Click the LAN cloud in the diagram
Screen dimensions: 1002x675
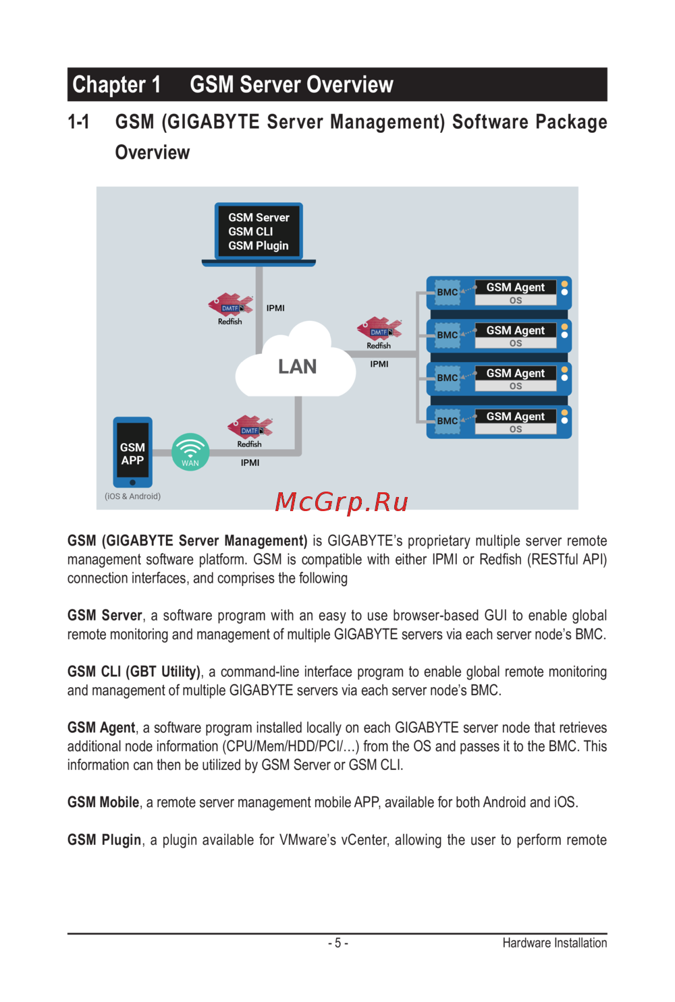point(296,366)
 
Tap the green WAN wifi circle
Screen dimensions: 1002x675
point(190,451)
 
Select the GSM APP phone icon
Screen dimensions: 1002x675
point(132,452)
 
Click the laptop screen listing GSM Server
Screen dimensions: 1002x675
point(259,231)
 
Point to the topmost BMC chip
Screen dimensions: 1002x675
point(447,292)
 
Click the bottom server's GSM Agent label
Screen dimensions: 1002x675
point(515,416)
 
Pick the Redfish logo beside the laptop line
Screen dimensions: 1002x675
point(230,307)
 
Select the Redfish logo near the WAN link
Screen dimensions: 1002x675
point(250,430)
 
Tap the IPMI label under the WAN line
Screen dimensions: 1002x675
point(250,463)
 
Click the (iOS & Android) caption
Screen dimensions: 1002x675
point(132,496)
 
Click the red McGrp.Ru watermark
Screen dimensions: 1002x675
point(342,502)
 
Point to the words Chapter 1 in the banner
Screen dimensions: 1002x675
point(116,85)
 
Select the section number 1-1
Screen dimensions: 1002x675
point(78,122)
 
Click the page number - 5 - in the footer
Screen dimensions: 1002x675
point(337,943)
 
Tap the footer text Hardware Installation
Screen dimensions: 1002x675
point(554,943)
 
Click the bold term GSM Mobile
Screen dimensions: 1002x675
point(103,802)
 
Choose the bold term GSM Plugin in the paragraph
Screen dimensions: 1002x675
point(105,840)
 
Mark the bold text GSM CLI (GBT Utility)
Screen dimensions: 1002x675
point(134,672)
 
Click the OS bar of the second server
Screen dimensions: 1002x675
point(516,343)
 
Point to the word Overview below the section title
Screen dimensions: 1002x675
point(153,152)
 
